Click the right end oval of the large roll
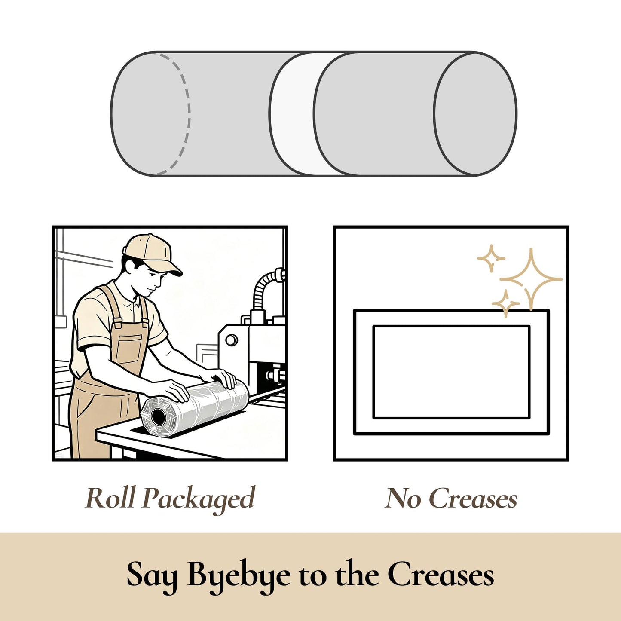[475, 113]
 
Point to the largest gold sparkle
[531, 279]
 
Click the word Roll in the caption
[110, 498]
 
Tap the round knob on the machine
[231, 340]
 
